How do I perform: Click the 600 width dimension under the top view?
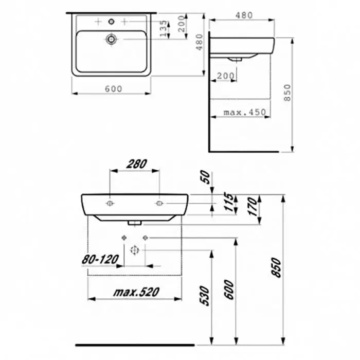tap(114, 89)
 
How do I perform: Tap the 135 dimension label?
tap(164, 28)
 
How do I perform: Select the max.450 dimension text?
tap(245, 112)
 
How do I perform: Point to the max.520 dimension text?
tap(136, 292)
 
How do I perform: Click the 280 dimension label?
tap(137, 164)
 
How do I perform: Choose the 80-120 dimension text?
tap(100, 259)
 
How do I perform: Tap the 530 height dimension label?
tap(205, 296)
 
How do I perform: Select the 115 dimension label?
tap(229, 202)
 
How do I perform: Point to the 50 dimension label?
tap(206, 177)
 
